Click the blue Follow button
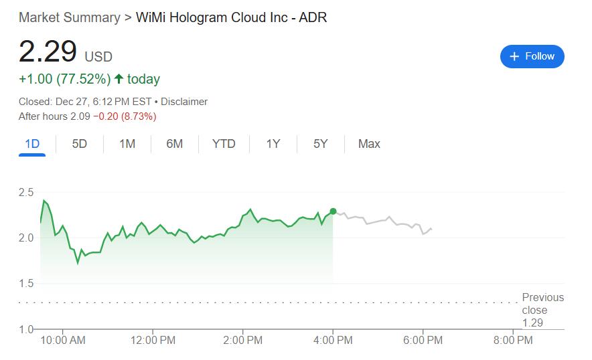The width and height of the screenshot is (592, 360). coord(532,56)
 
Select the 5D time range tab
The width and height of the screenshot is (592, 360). coord(79,144)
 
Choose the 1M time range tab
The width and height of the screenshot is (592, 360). coord(127,144)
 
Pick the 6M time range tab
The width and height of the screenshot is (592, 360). coord(174,144)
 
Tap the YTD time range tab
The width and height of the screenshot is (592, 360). coord(224,144)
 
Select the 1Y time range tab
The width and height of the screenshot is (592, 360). coord(273,144)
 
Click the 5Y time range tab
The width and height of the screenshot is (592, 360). coord(321,144)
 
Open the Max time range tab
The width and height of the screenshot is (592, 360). coord(369,144)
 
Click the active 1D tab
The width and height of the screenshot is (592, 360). coord(32,144)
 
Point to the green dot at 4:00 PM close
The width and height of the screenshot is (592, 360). coord(333,211)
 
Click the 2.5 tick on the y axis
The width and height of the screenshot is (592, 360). coord(26,193)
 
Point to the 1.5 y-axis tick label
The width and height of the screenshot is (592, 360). coord(26,284)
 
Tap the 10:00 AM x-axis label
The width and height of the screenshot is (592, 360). coord(63,340)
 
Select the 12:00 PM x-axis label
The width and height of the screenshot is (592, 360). coord(153,340)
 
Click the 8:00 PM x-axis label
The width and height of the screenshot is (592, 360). coord(512,340)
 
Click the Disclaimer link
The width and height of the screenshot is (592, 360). coord(184,102)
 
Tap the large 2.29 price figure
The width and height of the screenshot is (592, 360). coord(48,52)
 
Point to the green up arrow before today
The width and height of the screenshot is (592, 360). coord(119,79)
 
